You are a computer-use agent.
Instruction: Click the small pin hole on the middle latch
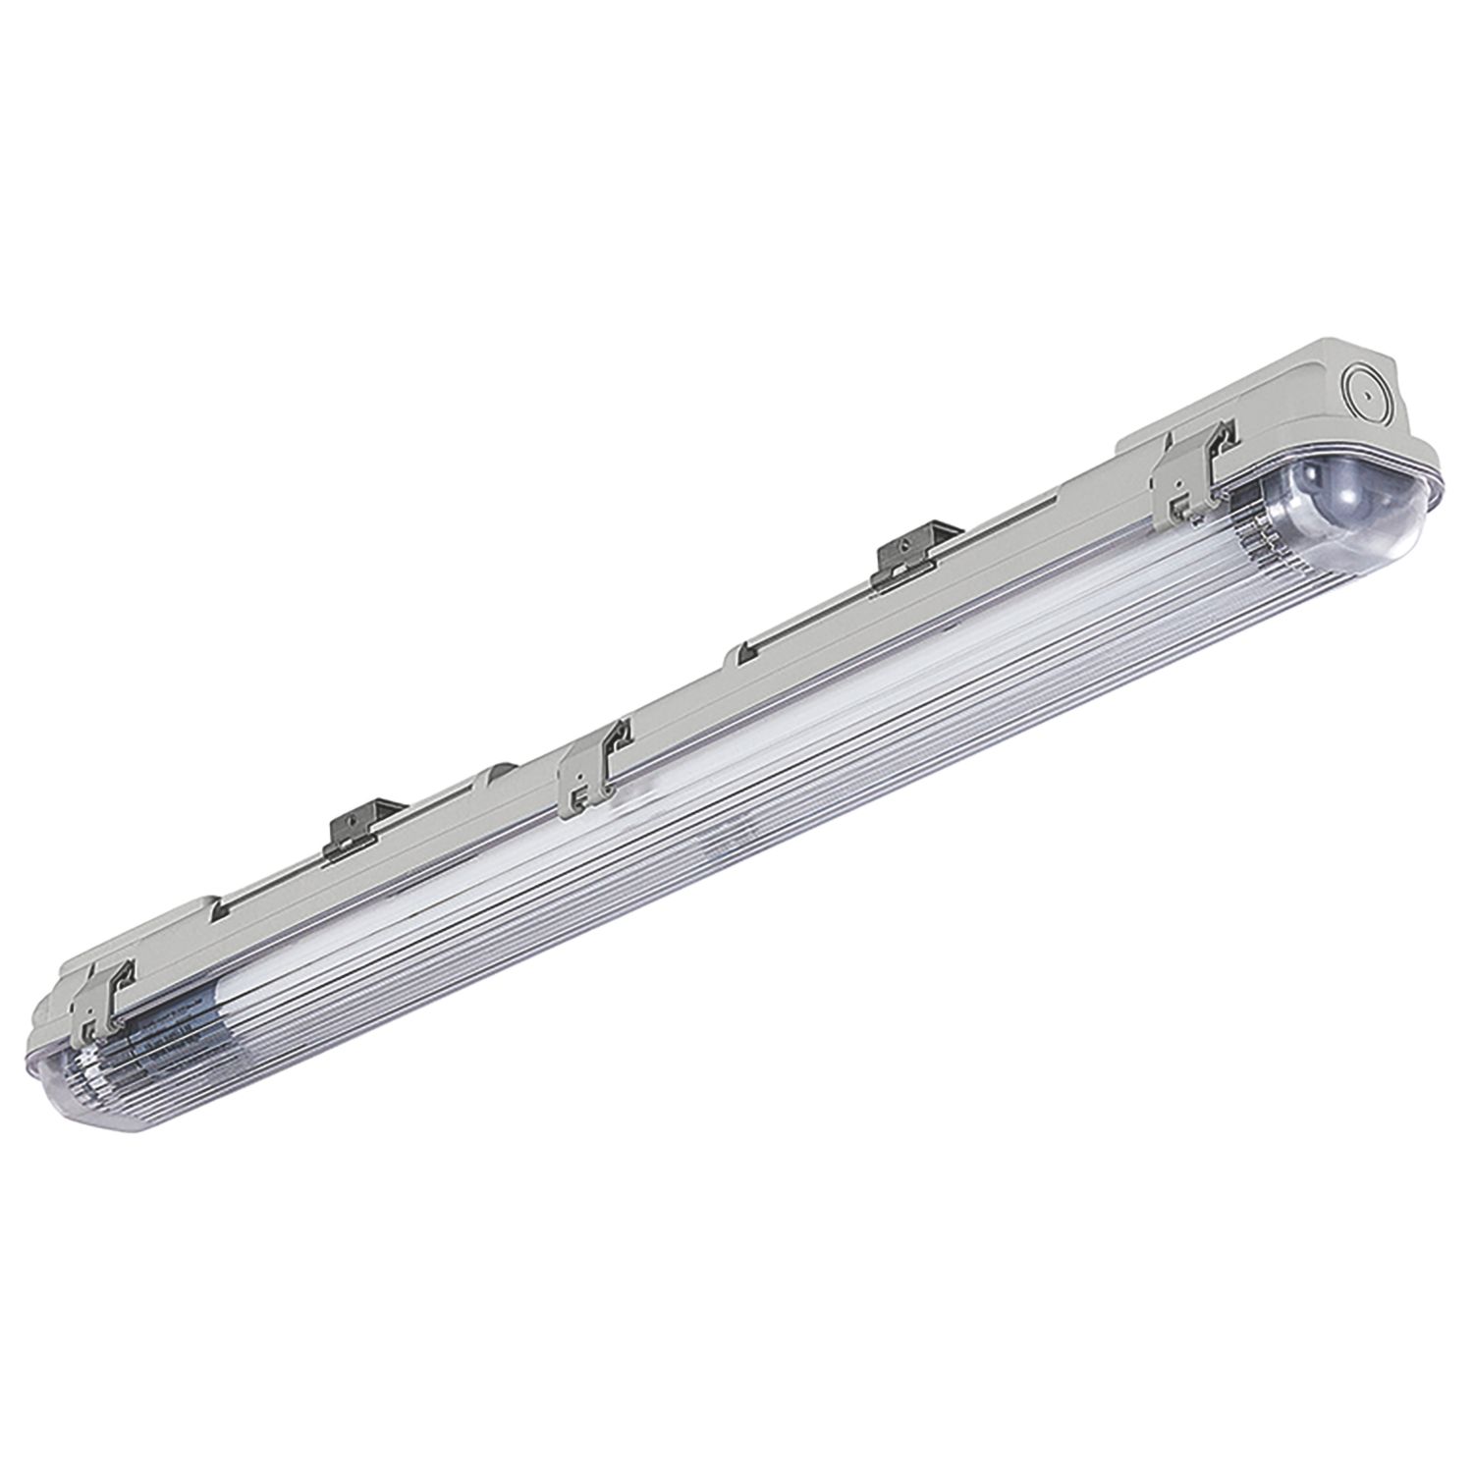582,797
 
